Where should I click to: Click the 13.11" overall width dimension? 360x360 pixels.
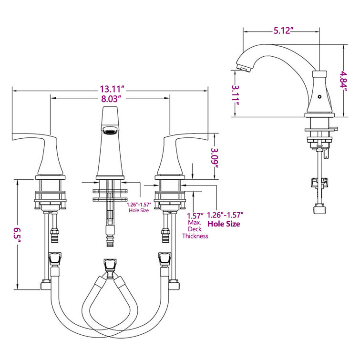click(112, 89)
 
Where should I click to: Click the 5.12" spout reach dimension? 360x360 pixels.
click(279, 31)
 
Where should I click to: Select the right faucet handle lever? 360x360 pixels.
click(186, 140)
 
